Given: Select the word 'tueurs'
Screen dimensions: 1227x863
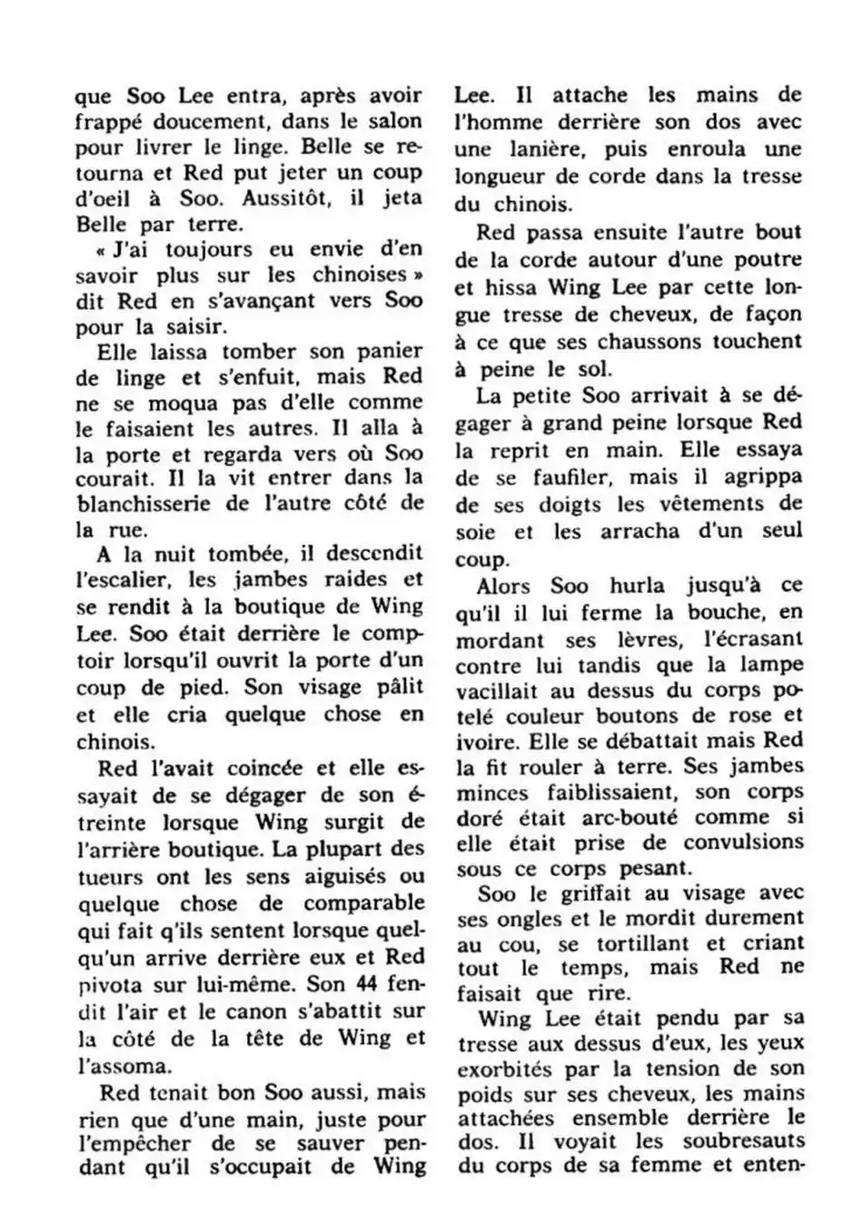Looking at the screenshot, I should (x=110, y=877).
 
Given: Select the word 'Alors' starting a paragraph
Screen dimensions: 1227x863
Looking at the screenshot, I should (x=505, y=586).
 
